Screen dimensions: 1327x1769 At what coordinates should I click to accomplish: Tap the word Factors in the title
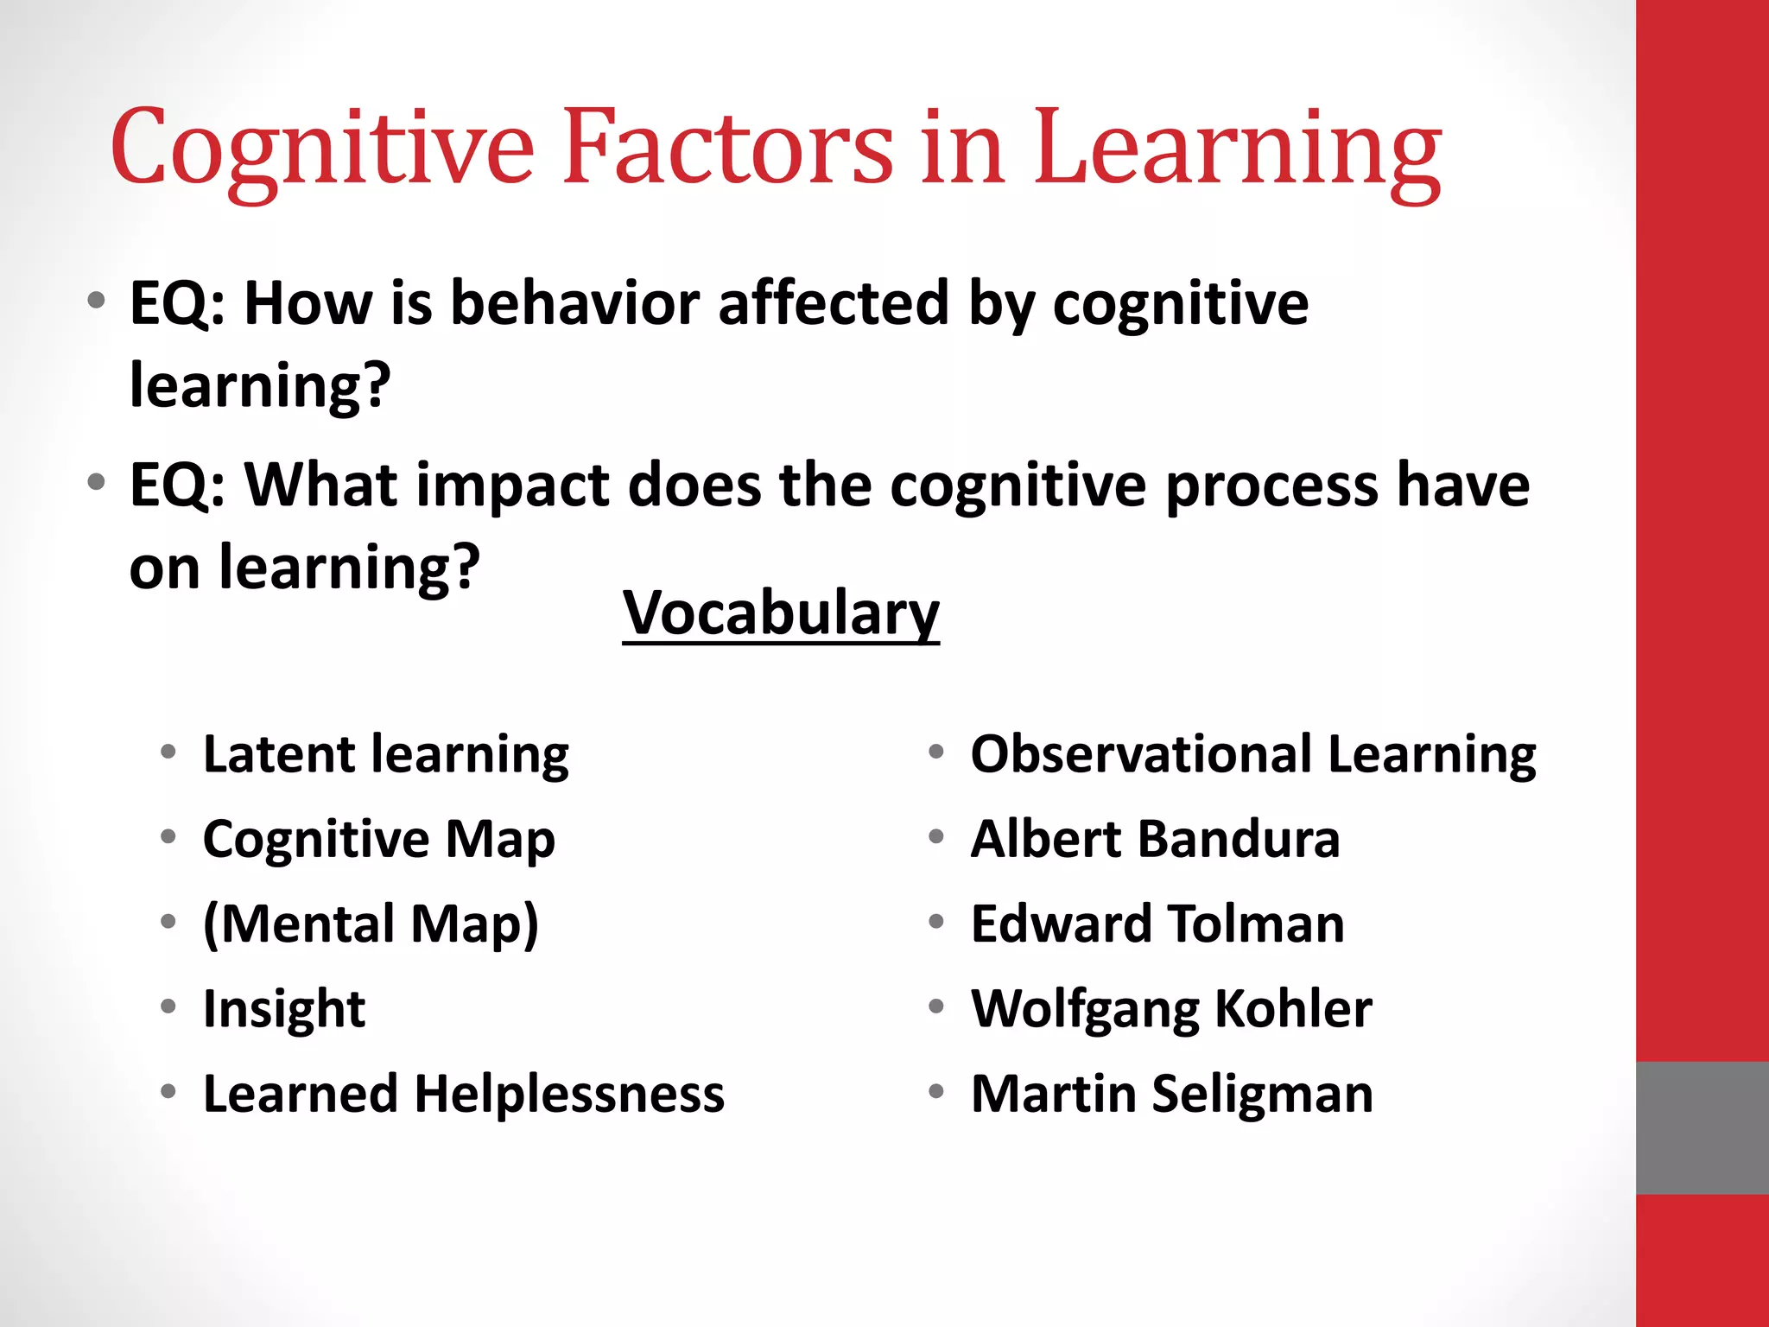tap(727, 147)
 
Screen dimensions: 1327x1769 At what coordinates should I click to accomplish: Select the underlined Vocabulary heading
tap(780, 613)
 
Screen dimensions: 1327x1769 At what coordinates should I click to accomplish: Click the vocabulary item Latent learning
tap(385, 754)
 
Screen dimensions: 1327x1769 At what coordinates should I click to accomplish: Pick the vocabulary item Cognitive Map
tap(378, 839)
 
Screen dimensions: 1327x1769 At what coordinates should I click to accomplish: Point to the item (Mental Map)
tap(371, 924)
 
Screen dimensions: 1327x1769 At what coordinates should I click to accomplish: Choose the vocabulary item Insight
tap(283, 1008)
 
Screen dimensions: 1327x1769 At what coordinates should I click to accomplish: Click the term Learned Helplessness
tap(463, 1094)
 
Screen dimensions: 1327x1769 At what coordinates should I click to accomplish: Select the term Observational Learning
tap(1252, 754)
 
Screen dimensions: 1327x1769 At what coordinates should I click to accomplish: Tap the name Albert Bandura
tap(1155, 839)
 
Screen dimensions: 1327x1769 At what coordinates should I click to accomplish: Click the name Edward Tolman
tap(1157, 924)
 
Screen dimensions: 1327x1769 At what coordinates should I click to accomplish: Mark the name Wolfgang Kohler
tap(1171, 1008)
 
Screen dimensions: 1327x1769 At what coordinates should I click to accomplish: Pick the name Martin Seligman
tap(1172, 1094)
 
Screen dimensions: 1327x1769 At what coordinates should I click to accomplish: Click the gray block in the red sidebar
tap(1702, 1127)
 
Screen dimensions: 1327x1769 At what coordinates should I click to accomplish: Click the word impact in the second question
tap(513, 486)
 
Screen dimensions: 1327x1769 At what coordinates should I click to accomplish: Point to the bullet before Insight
tap(168, 1006)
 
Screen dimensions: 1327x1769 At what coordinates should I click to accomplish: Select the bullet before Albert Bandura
tap(936, 836)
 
